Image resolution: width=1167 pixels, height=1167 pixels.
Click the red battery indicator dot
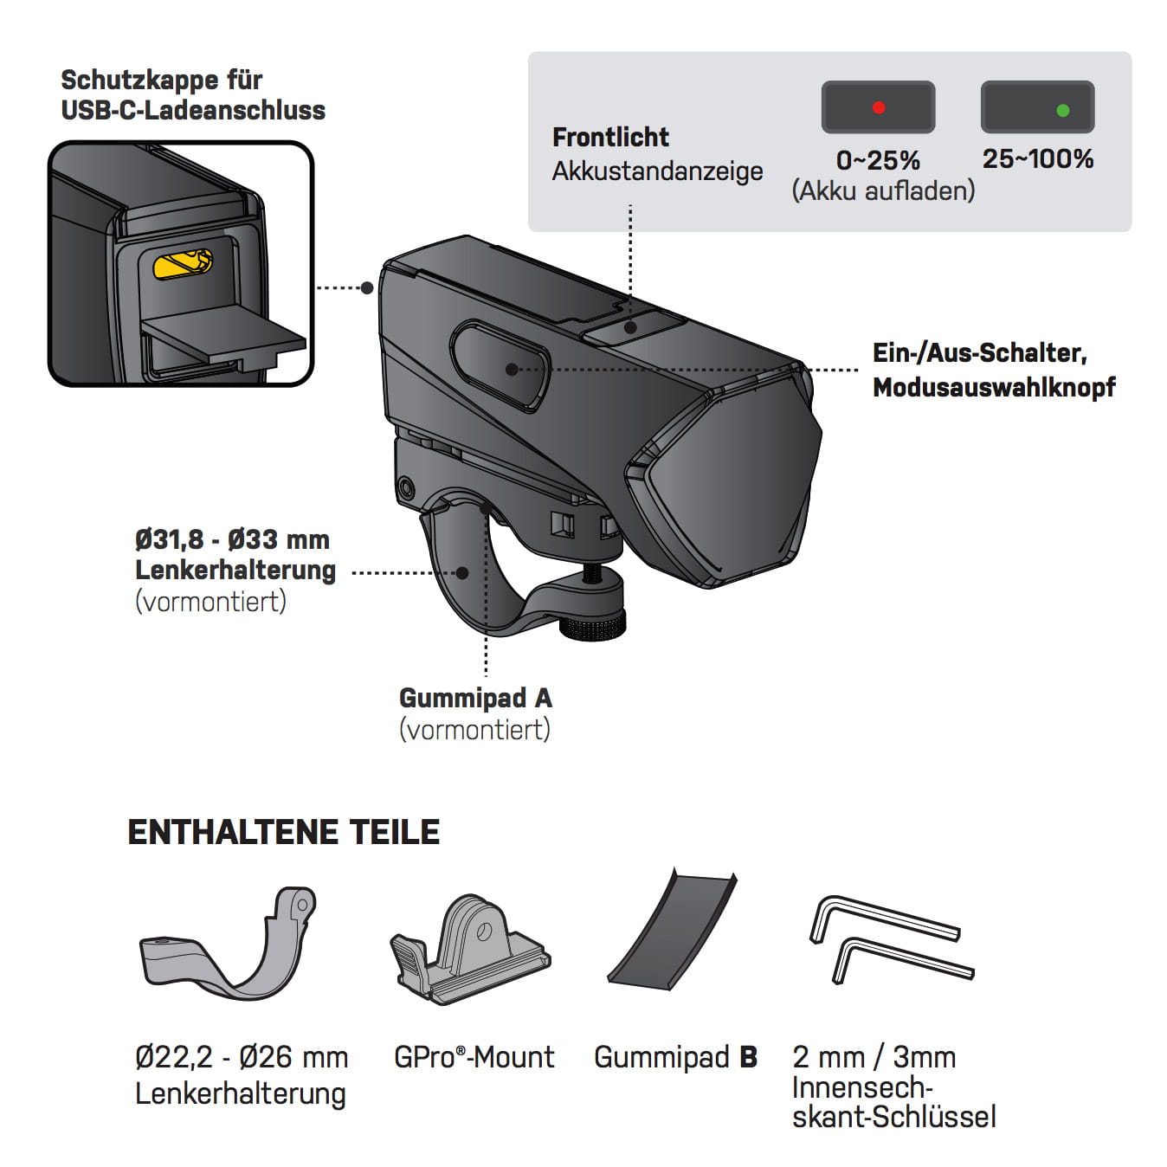(x=879, y=108)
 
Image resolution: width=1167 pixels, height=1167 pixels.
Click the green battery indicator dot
(x=1063, y=110)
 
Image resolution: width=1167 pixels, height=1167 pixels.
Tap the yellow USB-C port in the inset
(x=182, y=264)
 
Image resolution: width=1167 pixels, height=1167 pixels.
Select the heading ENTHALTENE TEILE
(x=283, y=832)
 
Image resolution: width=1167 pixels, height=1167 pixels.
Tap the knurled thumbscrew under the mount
(x=593, y=625)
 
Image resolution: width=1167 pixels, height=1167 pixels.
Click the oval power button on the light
(x=500, y=366)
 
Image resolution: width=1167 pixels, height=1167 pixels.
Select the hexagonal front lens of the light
(x=727, y=493)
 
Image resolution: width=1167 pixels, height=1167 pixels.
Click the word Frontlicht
(x=610, y=137)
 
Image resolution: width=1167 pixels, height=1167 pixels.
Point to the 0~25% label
(x=878, y=160)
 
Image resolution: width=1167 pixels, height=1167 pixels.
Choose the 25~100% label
(x=1037, y=158)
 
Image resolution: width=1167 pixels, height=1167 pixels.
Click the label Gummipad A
(x=475, y=698)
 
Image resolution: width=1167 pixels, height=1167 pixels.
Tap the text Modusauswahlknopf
(x=994, y=387)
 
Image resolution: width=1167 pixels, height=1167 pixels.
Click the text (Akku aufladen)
(x=883, y=190)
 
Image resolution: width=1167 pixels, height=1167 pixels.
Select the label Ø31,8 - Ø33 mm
(x=232, y=539)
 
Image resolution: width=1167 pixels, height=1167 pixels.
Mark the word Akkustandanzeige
(x=657, y=171)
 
